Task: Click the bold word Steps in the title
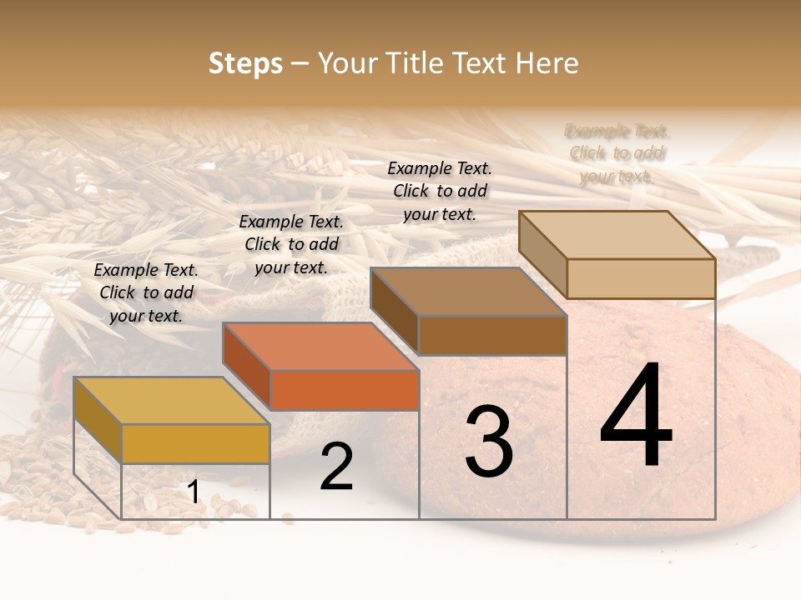pos(245,63)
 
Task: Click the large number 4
pos(636,416)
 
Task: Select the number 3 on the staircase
pos(489,441)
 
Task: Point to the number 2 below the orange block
pos(336,467)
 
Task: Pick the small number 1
pos(193,492)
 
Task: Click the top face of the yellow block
pos(171,400)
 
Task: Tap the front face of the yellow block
pos(195,443)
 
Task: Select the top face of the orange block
pos(320,346)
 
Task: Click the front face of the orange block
pos(345,390)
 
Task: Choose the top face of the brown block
pos(468,292)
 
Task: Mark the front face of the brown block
pos(492,336)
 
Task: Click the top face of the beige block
pos(617,234)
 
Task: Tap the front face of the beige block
pos(641,278)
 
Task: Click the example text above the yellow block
pos(146,292)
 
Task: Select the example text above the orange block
pos(291,244)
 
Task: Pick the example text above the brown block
pos(440,191)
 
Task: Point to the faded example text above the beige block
pos(617,153)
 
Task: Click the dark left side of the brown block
pos(394,311)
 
